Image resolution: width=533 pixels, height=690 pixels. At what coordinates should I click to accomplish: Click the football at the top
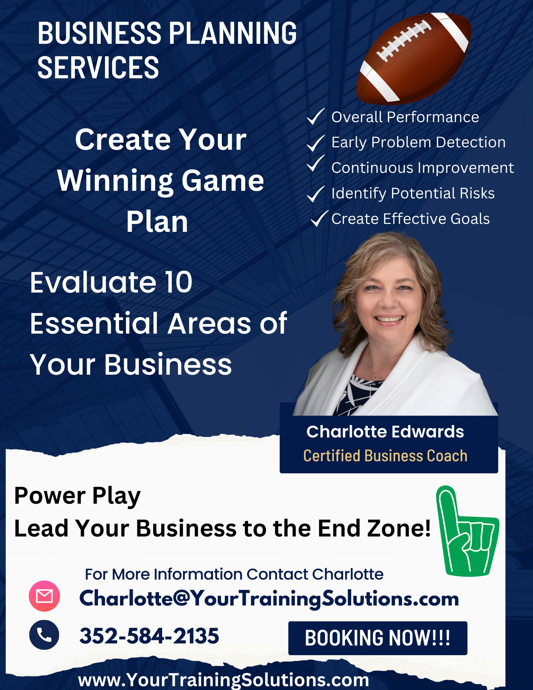[413, 59]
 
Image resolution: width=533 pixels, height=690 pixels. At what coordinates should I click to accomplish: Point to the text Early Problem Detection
[418, 142]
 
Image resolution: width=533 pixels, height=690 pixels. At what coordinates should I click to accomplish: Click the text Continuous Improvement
[422, 168]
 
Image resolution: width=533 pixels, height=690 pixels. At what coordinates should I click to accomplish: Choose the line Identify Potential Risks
[413, 193]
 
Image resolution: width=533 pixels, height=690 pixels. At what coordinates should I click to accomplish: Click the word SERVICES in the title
[98, 68]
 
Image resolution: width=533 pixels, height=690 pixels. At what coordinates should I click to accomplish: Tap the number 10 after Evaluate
[178, 282]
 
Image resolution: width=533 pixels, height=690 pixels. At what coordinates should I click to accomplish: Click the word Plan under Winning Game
[157, 221]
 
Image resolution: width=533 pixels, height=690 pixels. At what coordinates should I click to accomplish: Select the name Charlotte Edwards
[385, 432]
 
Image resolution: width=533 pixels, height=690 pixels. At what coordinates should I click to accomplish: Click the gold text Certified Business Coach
[385, 456]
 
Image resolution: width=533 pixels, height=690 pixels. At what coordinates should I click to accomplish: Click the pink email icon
[44, 596]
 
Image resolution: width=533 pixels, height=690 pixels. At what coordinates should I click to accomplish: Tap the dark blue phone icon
[44, 635]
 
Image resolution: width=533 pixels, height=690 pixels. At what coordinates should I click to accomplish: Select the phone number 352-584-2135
[149, 635]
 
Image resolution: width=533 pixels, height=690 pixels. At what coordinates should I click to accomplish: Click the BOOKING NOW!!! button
[377, 638]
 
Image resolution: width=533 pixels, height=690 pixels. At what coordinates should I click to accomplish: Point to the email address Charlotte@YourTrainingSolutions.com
[269, 598]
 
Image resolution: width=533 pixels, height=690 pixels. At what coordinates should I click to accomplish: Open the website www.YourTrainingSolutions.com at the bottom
[224, 680]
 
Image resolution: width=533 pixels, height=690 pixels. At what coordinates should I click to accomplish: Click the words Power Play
[77, 496]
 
